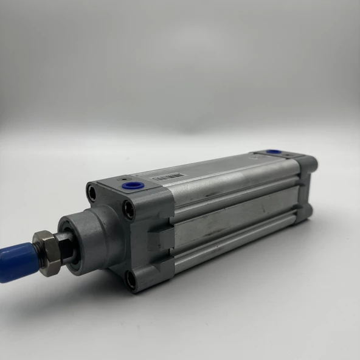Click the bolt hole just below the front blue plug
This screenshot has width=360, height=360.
point(128,210)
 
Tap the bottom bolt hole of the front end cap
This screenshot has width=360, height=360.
point(131,280)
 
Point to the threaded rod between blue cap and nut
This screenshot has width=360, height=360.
point(30,255)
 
